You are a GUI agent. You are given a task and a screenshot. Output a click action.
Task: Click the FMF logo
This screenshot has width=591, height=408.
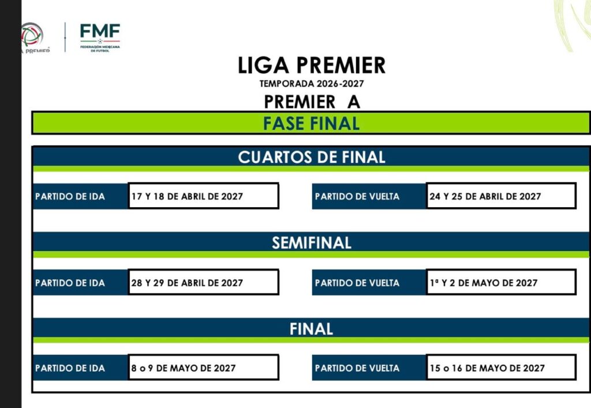100,38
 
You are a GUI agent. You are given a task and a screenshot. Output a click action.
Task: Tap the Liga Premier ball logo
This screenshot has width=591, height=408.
32,35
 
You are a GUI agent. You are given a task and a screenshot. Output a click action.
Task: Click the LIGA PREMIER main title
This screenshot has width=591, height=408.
311,65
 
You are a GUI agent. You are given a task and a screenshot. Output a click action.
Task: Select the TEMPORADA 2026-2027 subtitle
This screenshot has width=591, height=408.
311,84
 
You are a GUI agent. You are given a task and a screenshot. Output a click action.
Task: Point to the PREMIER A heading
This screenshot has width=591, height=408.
312,102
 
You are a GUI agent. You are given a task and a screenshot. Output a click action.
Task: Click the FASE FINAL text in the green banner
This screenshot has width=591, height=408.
311,123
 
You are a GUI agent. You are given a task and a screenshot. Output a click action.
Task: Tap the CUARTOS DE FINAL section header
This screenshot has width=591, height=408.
311,157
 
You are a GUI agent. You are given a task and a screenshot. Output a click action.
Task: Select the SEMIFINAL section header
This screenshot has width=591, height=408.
311,243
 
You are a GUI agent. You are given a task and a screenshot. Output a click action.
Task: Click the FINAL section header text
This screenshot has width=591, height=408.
311,329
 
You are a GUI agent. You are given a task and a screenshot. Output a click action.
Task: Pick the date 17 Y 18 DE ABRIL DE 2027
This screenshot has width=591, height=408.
187,196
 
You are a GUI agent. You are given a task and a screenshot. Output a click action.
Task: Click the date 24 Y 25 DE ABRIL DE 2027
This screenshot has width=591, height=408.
485,196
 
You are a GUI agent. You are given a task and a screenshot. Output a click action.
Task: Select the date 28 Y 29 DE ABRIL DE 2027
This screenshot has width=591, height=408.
187,283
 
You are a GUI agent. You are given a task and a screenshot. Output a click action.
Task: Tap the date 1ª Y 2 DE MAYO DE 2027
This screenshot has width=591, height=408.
484,283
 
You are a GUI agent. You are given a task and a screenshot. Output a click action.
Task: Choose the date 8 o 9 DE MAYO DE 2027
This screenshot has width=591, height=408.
183,368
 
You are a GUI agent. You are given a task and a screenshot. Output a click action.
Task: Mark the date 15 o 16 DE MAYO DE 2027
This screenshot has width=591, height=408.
487,368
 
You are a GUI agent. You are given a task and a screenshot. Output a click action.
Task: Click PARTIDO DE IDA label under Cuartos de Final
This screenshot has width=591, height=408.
70,196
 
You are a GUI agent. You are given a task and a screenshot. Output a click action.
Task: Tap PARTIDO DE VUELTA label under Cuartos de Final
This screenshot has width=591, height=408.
357,196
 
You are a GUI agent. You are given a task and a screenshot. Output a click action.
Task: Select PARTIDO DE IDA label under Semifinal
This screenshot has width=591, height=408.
70,283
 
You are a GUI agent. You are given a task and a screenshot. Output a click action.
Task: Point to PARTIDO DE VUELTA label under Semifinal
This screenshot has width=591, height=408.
357,283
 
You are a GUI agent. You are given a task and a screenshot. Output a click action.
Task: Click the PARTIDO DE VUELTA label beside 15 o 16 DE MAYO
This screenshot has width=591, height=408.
357,368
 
